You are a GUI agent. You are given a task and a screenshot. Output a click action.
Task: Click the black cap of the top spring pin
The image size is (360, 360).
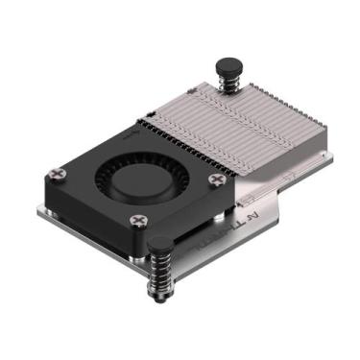228,67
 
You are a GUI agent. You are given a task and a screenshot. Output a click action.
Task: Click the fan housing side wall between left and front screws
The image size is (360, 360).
91,217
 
